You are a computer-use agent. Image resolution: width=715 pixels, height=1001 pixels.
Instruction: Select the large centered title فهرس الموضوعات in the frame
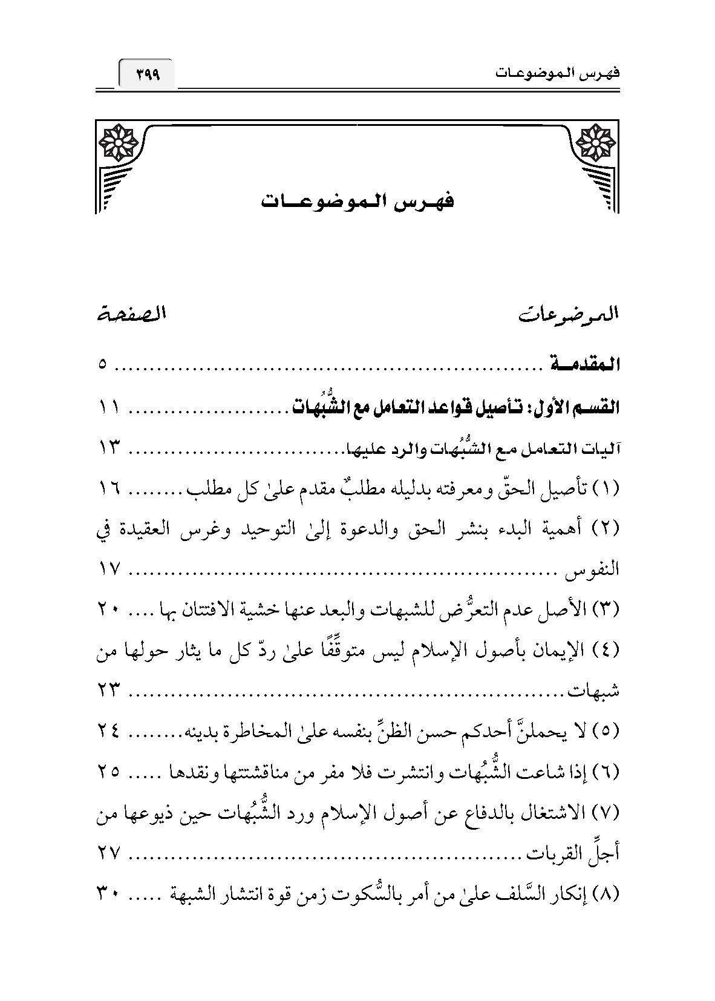click(x=357, y=200)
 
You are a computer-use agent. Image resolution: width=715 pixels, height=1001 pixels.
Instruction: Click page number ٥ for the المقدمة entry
click(x=103, y=365)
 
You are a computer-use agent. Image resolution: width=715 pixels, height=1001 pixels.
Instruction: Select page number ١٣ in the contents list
click(x=109, y=448)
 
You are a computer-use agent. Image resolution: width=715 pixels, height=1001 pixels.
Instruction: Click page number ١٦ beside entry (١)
click(x=109, y=489)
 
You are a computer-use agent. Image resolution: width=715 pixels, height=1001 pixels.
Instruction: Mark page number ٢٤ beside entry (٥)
click(x=109, y=732)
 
